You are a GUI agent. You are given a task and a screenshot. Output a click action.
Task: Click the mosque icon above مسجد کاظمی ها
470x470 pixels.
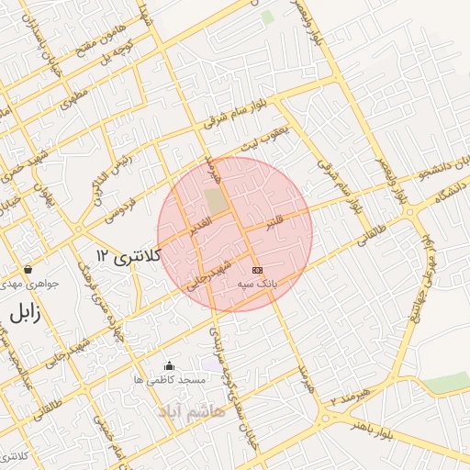coord(168,366)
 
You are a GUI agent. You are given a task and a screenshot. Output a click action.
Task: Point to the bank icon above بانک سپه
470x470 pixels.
coord(256,270)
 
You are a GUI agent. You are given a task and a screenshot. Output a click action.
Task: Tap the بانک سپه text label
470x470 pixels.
coord(257,285)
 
